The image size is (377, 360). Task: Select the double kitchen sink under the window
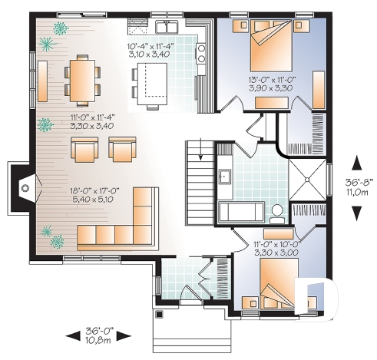[167, 28]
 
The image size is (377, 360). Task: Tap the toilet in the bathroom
[277, 211]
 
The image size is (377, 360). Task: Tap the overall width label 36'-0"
[100, 329]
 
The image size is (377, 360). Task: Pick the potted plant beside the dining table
[60, 28]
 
